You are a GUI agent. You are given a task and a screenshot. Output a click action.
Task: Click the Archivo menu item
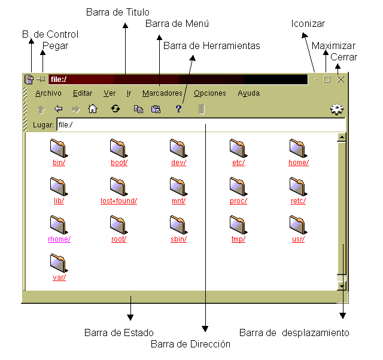tap(48, 93)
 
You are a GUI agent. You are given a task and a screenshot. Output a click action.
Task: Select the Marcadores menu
tap(162, 93)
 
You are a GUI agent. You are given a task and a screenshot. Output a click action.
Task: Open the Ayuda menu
tap(249, 93)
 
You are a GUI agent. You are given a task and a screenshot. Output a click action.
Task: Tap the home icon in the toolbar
tap(93, 109)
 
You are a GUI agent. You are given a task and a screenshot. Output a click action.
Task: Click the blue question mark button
tap(178, 109)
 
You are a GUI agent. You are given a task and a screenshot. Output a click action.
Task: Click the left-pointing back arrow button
tap(59, 109)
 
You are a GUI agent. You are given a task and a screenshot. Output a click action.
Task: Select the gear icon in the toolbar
tap(337, 109)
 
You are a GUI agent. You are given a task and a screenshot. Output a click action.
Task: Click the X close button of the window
tap(341, 80)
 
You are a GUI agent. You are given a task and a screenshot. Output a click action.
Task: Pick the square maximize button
tap(327, 80)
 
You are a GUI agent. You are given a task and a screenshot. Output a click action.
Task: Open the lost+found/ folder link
tap(118, 200)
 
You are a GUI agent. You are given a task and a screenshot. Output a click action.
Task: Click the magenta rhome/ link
tap(59, 239)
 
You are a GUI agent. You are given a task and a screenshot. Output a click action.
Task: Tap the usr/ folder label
tap(298, 239)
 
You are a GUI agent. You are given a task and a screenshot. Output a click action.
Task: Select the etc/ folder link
tap(238, 162)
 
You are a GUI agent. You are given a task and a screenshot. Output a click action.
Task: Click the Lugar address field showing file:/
tap(201, 125)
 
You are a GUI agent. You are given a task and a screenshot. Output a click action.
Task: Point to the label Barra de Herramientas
tap(211, 45)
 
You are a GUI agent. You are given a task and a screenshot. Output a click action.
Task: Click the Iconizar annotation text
tap(308, 24)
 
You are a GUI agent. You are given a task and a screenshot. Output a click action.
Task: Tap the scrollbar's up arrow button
tap(342, 138)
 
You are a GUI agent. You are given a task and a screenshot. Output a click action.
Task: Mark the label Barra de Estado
tap(119, 332)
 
